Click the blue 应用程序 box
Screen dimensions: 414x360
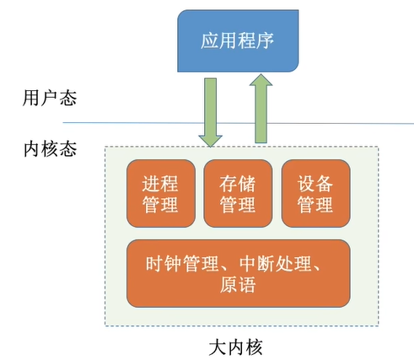pyautogui.click(x=238, y=40)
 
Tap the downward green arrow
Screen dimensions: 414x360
pyautogui.click(x=211, y=112)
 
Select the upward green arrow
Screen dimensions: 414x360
pyautogui.click(x=261, y=109)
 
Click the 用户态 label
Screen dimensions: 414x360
pyautogui.click(x=50, y=98)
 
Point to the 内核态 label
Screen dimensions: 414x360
pyautogui.click(x=50, y=148)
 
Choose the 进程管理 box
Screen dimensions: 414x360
pyautogui.click(x=161, y=193)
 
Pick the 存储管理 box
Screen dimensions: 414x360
pyautogui.click(x=238, y=193)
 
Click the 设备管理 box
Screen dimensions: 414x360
pyautogui.click(x=316, y=193)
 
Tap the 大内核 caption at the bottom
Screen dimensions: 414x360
pyautogui.click(x=236, y=347)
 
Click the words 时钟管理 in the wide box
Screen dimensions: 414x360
pyautogui.click(x=182, y=264)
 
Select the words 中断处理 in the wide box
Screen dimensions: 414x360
pyautogui.click(x=276, y=264)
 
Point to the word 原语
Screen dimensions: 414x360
pyautogui.click(x=238, y=285)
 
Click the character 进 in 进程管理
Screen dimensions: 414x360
pyautogui.click(x=151, y=184)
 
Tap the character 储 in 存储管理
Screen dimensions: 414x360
pyautogui.click(x=247, y=184)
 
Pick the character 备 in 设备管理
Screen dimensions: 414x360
pyautogui.click(x=325, y=184)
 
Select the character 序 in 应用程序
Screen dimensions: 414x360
pyautogui.click(x=265, y=40)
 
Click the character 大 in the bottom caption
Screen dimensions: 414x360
pyautogui.click(x=218, y=347)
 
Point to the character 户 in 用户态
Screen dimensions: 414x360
pyautogui.click(x=50, y=98)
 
